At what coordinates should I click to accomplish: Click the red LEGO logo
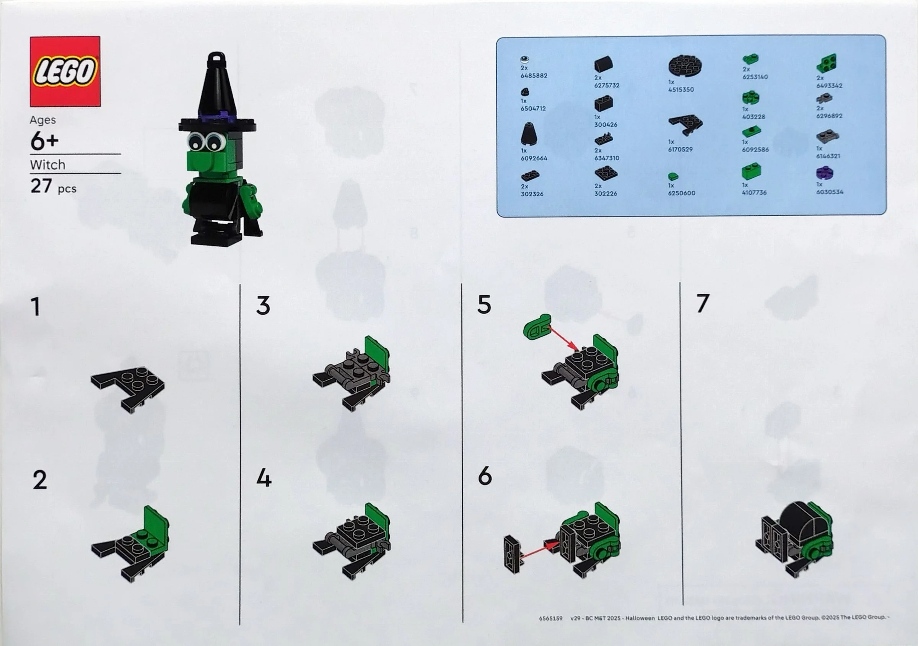click(x=65, y=71)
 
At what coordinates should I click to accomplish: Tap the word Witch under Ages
click(x=47, y=165)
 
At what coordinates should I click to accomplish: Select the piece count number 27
click(x=41, y=186)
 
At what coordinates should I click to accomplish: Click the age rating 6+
click(x=44, y=141)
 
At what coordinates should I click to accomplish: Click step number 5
click(x=484, y=305)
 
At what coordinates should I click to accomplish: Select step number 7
click(x=703, y=303)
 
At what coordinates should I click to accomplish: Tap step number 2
click(x=39, y=480)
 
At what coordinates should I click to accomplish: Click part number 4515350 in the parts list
click(x=681, y=89)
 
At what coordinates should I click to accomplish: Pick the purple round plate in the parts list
click(x=824, y=173)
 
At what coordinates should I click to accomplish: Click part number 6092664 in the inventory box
click(x=534, y=158)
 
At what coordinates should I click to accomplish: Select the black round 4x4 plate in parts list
click(x=685, y=66)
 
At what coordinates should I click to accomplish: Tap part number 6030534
click(x=830, y=192)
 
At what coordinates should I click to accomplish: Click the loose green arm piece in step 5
click(x=537, y=327)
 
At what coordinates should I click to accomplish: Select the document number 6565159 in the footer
click(x=550, y=618)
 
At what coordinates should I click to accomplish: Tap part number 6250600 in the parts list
click(x=681, y=193)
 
